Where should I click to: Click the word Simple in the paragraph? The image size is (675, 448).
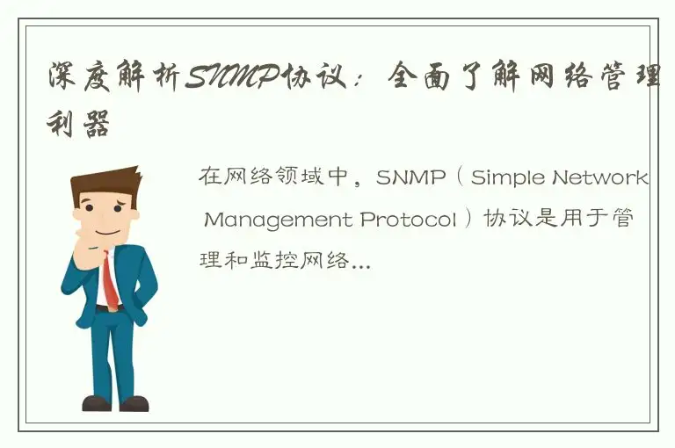pyautogui.click(x=510, y=178)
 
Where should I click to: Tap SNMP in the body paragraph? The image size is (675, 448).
pyautogui.click(x=412, y=178)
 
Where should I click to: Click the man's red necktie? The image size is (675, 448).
pyautogui.click(x=110, y=280)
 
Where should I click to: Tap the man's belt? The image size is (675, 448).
pyautogui.click(x=106, y=309)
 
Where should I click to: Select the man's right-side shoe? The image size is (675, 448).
pyautogui.click(x=134, y=403)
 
